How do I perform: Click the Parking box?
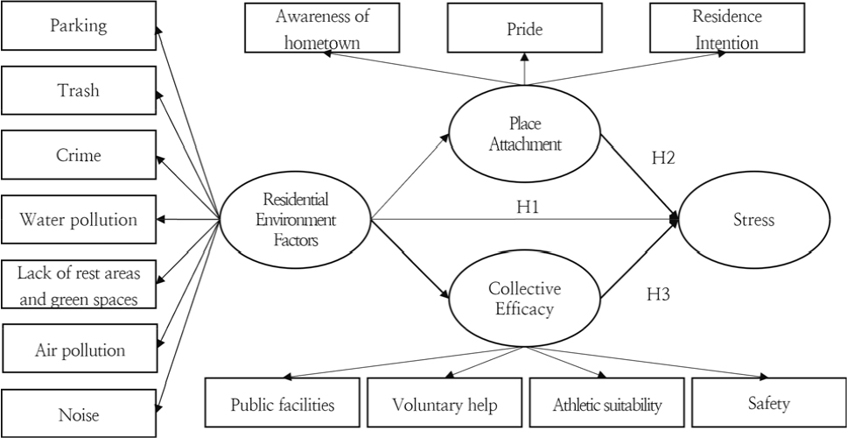click(x=79, y=25)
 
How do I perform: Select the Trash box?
click(x=79, y=90)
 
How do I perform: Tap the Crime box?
click(x=79, y=155)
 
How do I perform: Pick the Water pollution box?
click(x=79, y=219)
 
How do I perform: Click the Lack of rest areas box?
click(x=79, y=285)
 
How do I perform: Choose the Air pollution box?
click(x=79, y=350)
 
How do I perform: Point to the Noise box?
click(x=79, y=414)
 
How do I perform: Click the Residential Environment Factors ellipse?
click(x=295, y=219)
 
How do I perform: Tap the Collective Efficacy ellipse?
click(x=524, y=298)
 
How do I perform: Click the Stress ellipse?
click(x=753, y=219)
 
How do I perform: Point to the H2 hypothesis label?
click(x=663, y=159)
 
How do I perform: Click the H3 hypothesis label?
click(x=659, y=294)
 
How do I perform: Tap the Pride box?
click(x=524, y=29)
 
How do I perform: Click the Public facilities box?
click(x=282, y=404)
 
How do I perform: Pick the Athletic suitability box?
click(x=606, y=404)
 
